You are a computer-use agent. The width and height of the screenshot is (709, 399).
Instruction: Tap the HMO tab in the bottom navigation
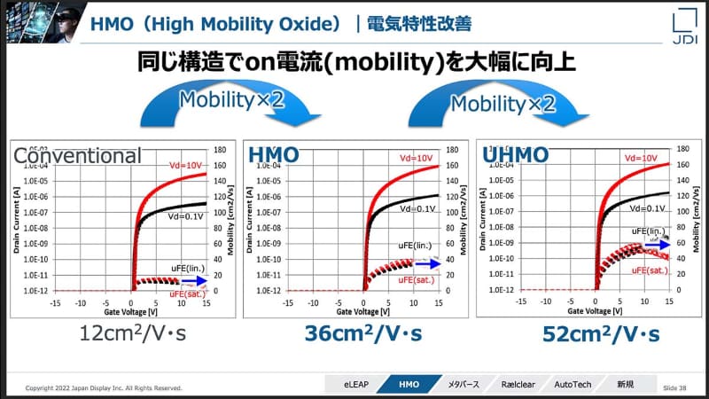click(x=409, y=385)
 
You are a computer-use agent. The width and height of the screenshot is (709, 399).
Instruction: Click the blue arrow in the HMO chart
click(x=428, y=262)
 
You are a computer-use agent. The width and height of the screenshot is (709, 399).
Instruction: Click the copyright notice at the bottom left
click(x=104, y=387)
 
